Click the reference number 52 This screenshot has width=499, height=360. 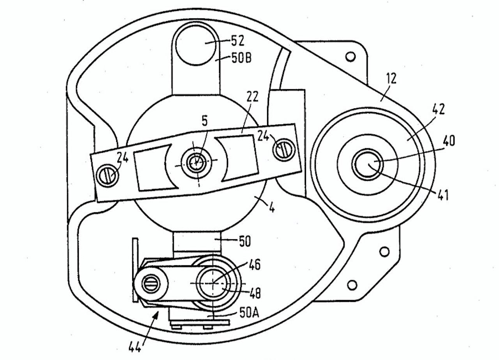(238, 41)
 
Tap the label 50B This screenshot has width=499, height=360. (242, 58)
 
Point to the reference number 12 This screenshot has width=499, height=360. (392, 78)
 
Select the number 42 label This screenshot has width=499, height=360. (439, 109)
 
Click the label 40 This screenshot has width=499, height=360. (448, 141)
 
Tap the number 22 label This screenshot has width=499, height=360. (252, 97)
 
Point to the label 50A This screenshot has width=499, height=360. (249, 312)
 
